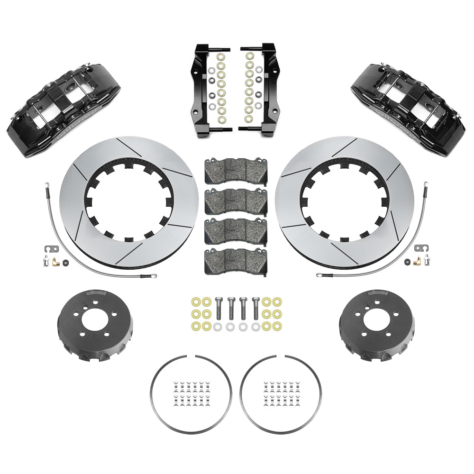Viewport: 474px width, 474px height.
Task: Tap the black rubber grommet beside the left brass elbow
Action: click(x=65, y=262)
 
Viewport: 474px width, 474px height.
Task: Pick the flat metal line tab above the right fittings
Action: click(x=419, y=248)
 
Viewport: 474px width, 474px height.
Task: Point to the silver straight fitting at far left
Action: click(x=46, y=258)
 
